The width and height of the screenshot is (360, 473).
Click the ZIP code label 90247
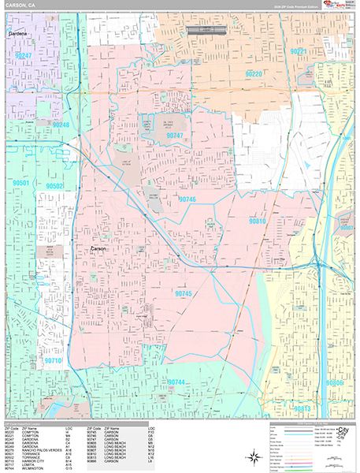click(24, 56)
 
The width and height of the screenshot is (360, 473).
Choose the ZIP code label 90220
click(254, 73)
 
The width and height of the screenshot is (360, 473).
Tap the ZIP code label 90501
click(20, 183)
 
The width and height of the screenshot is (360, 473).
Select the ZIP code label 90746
click(187, 199)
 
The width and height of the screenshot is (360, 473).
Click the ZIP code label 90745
click(184, 293)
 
